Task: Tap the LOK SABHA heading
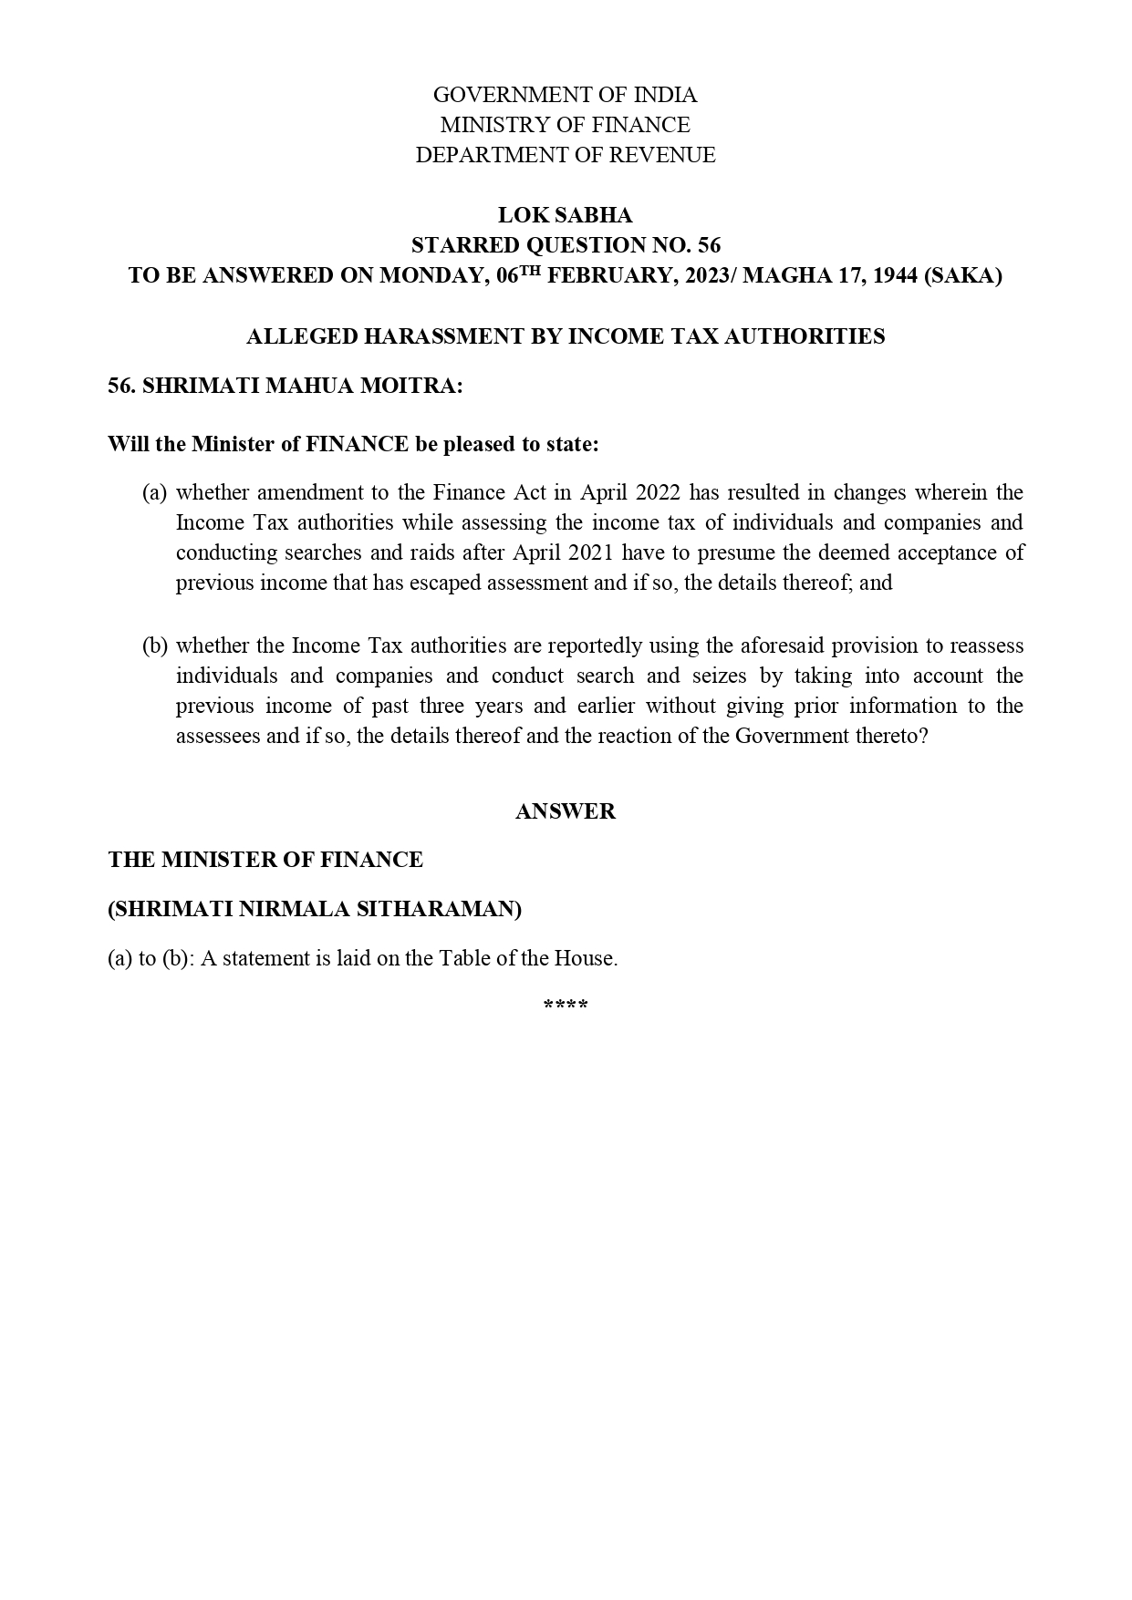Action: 565,215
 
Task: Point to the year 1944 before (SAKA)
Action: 894,275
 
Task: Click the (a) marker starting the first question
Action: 154,493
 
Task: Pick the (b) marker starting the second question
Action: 154,646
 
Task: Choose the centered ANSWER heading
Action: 565,811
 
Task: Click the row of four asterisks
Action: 565,1006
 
